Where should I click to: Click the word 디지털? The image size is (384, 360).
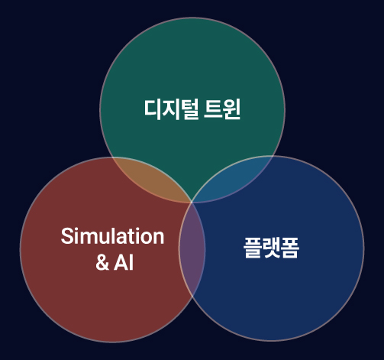[x=171, y=109]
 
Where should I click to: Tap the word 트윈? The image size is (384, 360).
[x=222, y=109]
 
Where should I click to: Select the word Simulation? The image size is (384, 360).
[x=112, y=236]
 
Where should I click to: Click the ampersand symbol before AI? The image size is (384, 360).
[x=102, y=262]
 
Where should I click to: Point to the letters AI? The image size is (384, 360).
[x=124, y=262]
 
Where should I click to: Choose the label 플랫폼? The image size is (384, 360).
[x=271, y=248]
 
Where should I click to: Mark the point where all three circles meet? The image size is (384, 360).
[x=192, y=203]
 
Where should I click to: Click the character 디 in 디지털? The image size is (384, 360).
[x=153, y=109]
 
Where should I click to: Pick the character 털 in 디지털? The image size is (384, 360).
[x=189, y=109]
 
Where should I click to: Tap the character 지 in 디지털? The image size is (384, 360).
[x=170, y=109]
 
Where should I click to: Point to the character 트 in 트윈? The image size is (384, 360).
[x=213, y=109]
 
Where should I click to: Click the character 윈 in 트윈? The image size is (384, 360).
[x=231, y=109]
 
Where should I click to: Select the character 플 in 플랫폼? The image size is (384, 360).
[x=253, y=248]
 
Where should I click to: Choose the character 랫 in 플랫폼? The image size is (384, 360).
[x=271, y=248]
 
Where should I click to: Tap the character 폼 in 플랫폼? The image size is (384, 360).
[x=289, y=248]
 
